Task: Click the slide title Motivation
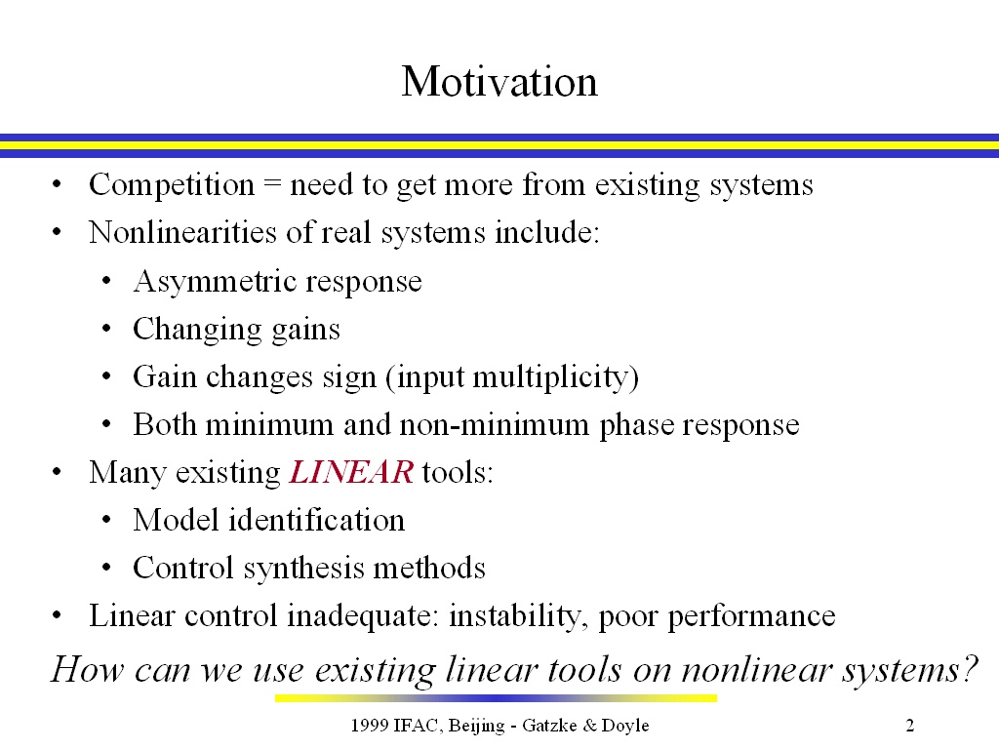pyautogui.click(x=499, y=82)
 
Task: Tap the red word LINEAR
pyautogui.click(x=351, y=472)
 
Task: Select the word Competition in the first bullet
pyautogui.click(x=172, y=185)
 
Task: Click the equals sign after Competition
pyautogui.click(x=272, y=185)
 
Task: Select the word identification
pyautogui.click(x=317, y=520)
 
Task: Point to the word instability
pyautogui.click(x=518, y=616)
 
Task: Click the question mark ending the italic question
pyautogui.click(x=969, y=669)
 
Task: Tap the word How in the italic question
pyautogui.click(x=87, y=669)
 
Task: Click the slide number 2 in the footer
pyautogui.click(x=910, y=725)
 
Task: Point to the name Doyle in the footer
pyautogui.click(x=625, y=726)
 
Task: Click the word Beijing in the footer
pyautogui.click(x=476, y=726)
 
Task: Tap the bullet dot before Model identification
pyautogui.click(x=106, y=520)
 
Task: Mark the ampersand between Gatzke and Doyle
pyautogui.click(x=590, y=725)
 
